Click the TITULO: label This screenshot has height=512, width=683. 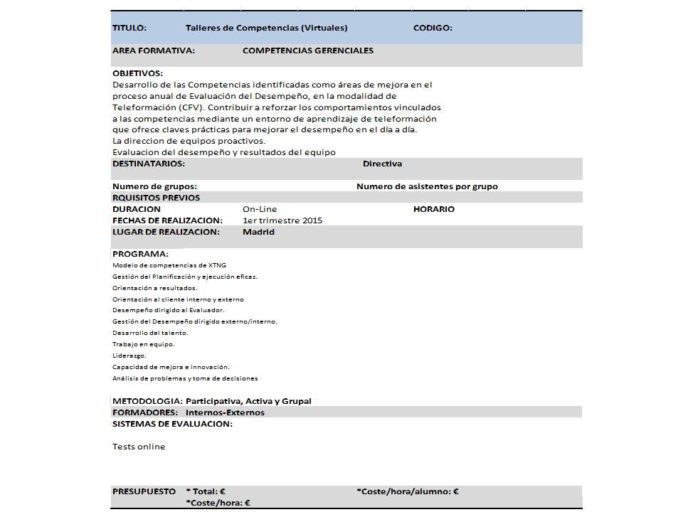[129, 28]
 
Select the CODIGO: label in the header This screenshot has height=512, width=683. [433, 28]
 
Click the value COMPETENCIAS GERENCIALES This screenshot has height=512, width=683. [307, 50]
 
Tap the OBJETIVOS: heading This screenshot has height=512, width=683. [137, 73]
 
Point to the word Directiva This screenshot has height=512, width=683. [382, 164]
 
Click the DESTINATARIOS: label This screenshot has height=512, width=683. [149, 164]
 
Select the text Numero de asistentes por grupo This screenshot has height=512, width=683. [427, 186]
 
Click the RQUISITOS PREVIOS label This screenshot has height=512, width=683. [156, 198]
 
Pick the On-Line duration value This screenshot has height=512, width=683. [260, 209]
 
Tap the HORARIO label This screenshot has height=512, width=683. [433, 209]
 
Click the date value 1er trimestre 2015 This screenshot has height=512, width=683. [282, 220]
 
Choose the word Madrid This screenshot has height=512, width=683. [258, 232]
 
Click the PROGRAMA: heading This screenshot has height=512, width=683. [140, 254]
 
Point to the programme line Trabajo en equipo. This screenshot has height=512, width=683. [143, 344]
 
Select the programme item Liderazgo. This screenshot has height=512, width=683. [129, 356]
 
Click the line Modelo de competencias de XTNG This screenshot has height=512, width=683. [169, 265]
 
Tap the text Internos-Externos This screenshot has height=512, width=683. [225, 412]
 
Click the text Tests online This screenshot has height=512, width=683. [139, 447]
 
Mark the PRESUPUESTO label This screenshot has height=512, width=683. [144, 491]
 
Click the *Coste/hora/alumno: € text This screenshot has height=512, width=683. [407, 491]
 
